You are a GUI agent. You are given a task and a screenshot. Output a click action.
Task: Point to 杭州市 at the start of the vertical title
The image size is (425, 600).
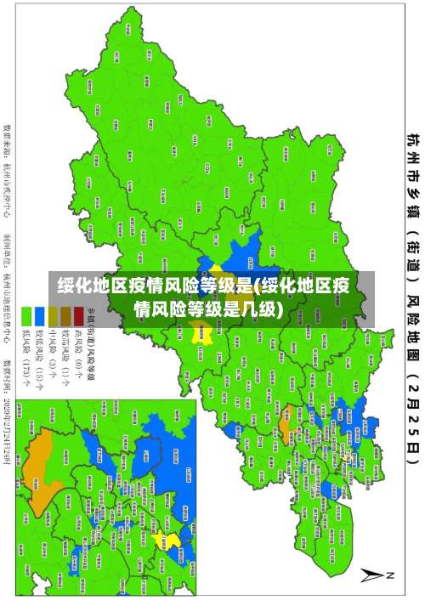411,149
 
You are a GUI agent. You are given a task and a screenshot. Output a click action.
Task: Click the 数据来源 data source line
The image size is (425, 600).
8,161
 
